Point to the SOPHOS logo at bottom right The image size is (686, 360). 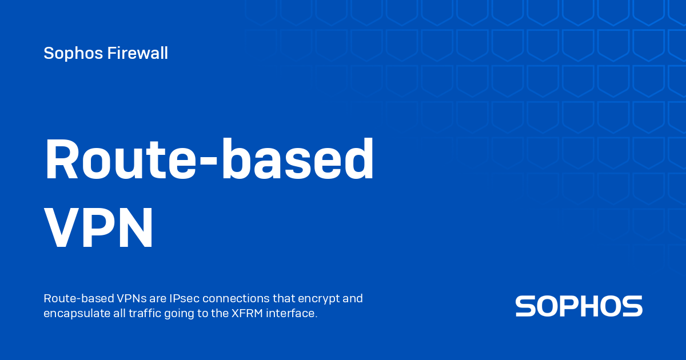(x=579, y=306)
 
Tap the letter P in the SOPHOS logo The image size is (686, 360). (x=568, y=306)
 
